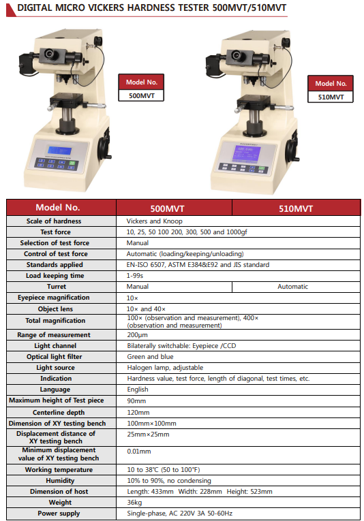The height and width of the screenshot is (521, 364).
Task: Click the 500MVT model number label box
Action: (141, 88)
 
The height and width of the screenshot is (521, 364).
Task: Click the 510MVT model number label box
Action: (331, 89)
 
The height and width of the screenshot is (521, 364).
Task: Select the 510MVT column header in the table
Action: (296, 208)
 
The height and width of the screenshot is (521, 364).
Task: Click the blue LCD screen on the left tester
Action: (59, 151)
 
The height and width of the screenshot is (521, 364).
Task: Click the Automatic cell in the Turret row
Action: (293, 287)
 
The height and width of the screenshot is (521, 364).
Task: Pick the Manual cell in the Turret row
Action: (138, 287)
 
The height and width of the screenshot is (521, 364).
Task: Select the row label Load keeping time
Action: (55, 276)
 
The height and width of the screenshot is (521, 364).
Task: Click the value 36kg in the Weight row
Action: (134, 503)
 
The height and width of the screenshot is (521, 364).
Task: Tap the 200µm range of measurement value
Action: (137, 335)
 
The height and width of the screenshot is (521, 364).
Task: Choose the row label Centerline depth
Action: (59, 412)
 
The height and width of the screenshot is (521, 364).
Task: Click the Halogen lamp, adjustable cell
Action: (165, 368)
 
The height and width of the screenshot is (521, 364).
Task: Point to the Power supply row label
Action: (59, 514)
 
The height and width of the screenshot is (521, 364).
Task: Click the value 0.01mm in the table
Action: (139, 452)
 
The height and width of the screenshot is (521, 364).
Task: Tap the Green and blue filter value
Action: (150, 356)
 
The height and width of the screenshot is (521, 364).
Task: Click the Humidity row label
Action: (60, 480)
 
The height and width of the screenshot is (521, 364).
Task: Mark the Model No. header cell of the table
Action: (58, 208)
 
